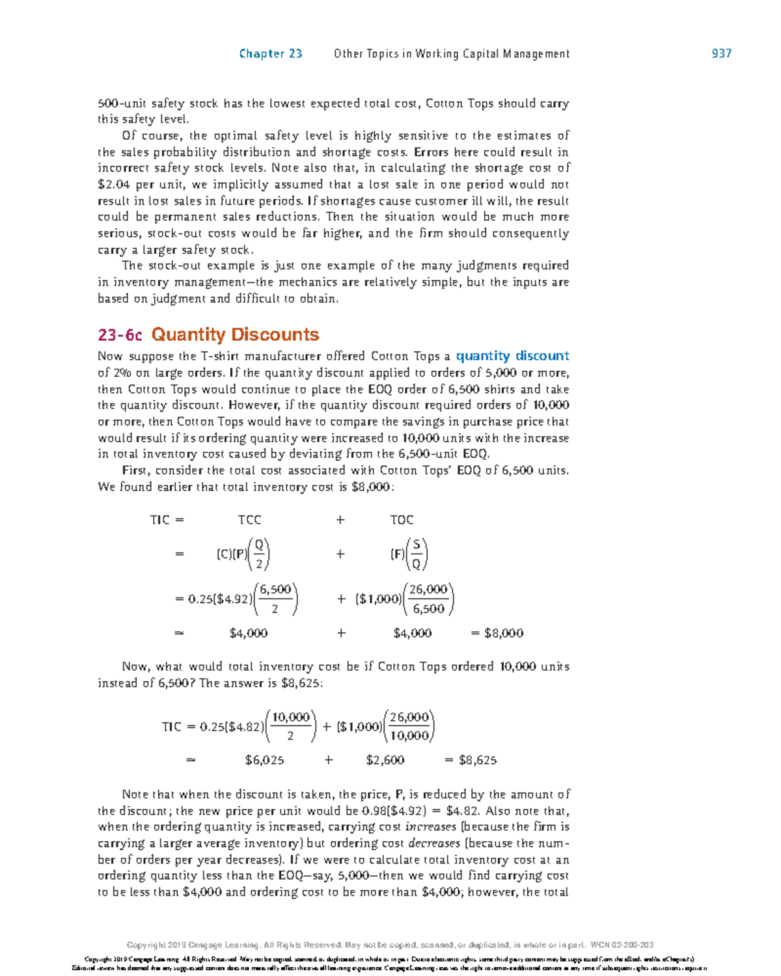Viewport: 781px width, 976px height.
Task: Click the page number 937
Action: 721,54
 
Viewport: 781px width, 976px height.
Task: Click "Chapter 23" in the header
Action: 271,54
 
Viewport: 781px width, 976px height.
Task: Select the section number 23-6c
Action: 120,335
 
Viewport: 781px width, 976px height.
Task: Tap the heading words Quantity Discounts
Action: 235,335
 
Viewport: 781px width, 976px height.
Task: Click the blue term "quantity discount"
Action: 512,356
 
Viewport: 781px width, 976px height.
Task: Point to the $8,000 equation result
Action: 504,633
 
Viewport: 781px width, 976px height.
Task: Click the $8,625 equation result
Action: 478,760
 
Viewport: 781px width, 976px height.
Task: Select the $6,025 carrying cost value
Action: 264,760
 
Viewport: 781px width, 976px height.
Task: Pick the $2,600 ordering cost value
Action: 385,760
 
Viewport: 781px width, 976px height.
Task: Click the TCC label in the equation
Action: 249,520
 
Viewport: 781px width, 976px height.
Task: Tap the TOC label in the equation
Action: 402,520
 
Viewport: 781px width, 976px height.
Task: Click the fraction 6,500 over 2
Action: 275,599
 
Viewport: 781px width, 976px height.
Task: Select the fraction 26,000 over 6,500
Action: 428,599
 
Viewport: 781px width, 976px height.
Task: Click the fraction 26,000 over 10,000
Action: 409,726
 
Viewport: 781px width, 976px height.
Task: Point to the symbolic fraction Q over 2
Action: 259,554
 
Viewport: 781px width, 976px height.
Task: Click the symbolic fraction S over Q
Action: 417,554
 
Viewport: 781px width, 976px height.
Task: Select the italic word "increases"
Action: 431,827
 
